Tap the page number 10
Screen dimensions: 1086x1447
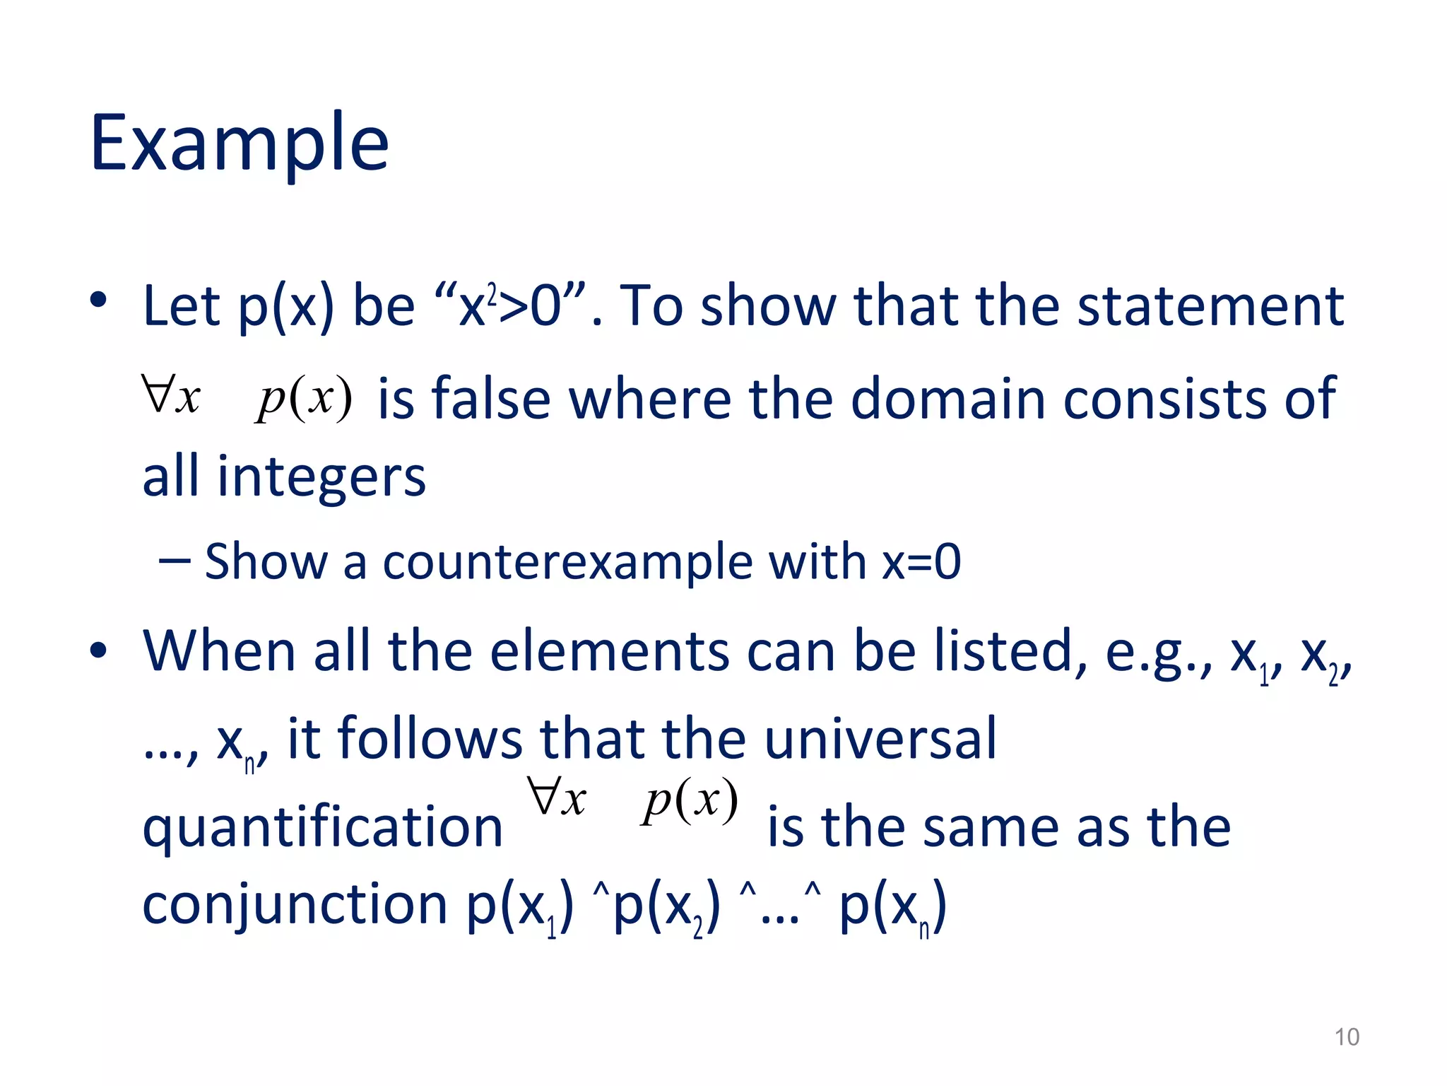click(1346, 1037)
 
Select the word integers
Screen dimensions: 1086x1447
click(321, 477)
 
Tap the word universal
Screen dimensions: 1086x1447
click(880, 739)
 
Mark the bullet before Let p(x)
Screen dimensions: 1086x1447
click(98, 300)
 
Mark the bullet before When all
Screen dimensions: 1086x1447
click(98, 650)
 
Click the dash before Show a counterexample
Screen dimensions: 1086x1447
click(175, 561)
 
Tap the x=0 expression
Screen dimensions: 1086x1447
click(921, 563)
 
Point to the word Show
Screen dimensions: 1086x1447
click(266, 563)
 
